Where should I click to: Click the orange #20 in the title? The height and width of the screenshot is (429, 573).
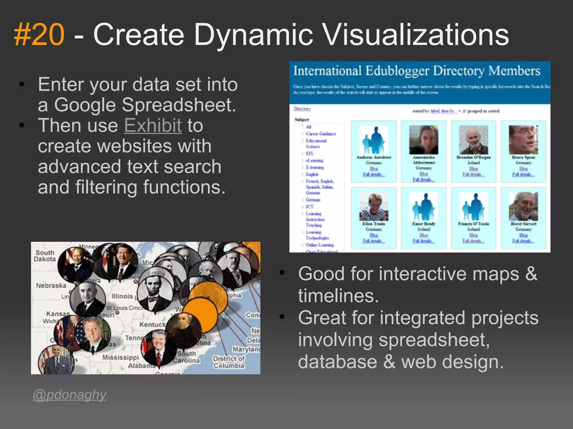click(x=39, y=35)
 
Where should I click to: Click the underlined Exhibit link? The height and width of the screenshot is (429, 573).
click(x=153, y=125)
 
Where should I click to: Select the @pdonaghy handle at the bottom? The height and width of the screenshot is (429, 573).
click(x=69, y=395)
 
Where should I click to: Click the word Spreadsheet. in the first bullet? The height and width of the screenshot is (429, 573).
click(x=179, y=105)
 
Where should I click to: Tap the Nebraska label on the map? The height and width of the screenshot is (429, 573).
click(x=51, y=285)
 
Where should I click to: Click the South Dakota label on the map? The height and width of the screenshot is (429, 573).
click(x=45, y=256)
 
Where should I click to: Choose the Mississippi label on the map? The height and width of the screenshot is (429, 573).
click(x=120, y=357)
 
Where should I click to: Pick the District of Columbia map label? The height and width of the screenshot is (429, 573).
click(x=229, y=362)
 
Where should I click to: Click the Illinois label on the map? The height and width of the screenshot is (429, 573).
click(x=122, y=296)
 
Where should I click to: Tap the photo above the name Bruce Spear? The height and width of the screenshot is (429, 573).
click(x=523, y=140)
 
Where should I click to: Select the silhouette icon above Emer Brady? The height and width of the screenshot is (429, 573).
click(x=424, y=207)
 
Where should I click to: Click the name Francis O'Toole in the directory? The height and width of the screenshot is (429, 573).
click(x=473, y=224)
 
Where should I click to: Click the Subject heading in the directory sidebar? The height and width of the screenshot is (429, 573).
click(x=302, y=120)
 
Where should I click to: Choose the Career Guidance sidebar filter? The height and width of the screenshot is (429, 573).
click(x=321, y=134)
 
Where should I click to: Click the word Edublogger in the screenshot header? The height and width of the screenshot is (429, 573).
click(x=397, y=71)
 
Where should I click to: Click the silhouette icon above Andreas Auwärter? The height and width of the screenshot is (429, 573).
click(x=374, y=140)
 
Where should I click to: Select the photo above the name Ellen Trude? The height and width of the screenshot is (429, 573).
click(x=374, y=207)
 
